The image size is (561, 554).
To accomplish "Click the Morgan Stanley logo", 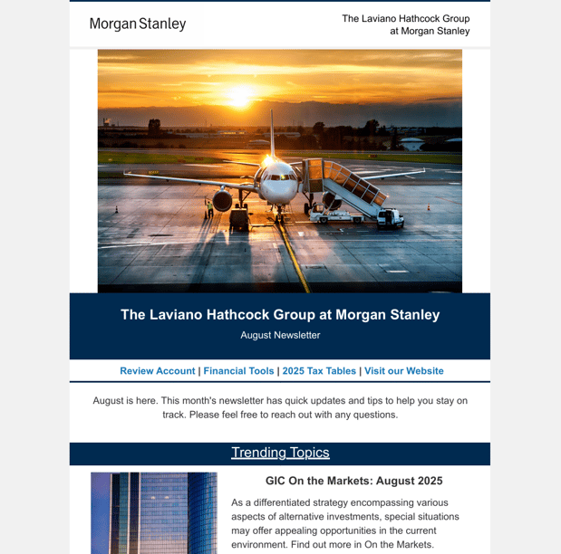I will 137,24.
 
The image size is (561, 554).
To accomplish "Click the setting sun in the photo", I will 240,94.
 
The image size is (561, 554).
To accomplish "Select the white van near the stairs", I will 389,217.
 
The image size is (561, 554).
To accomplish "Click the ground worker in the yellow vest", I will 209,208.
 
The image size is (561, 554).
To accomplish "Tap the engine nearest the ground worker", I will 223,200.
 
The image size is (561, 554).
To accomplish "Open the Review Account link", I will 158,371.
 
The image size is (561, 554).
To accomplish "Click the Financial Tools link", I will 238,371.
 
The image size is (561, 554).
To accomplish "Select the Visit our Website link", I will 404,371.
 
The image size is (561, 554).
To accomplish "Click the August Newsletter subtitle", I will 280,335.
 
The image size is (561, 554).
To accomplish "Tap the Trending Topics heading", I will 280,453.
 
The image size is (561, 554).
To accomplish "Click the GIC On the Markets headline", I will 353,482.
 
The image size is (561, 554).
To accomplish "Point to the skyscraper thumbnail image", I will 154,512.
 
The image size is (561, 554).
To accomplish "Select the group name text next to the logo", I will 405,24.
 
